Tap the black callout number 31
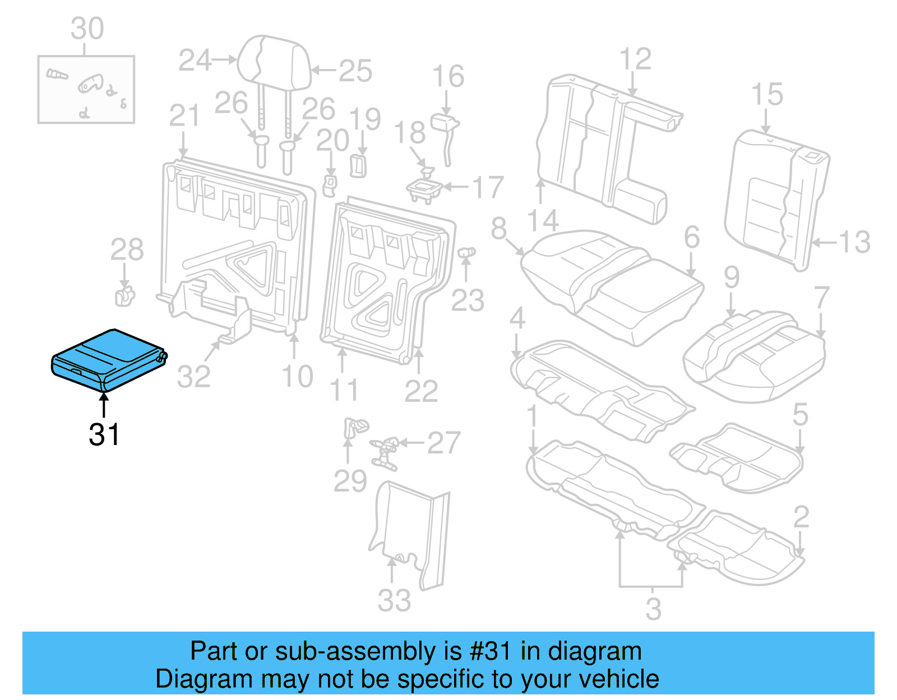pyautogui.click(x=104, y=434)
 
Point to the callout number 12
pyautogui.click(x=635, y=59)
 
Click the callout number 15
pyautogui.click(x=767, y=94)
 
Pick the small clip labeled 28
pyautogui.click(x=124, y=296)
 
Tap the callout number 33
pyautogui.click(x=394, y=601)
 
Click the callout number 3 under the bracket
pyautogui.click(x=653, y=609)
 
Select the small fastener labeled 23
pyautogui.click(x=466, y=254)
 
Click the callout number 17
pyautogui.click(x=488, y=188)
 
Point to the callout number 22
pyautogui.click(x=421, y=391)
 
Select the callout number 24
pyautogui.click(x=195, y=61)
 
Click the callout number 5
pyautogui.click(x=800, y=415)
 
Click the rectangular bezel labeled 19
pyautogui.click(x=358, y=166)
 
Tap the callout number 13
pyautogui.click(x=854, y=242)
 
